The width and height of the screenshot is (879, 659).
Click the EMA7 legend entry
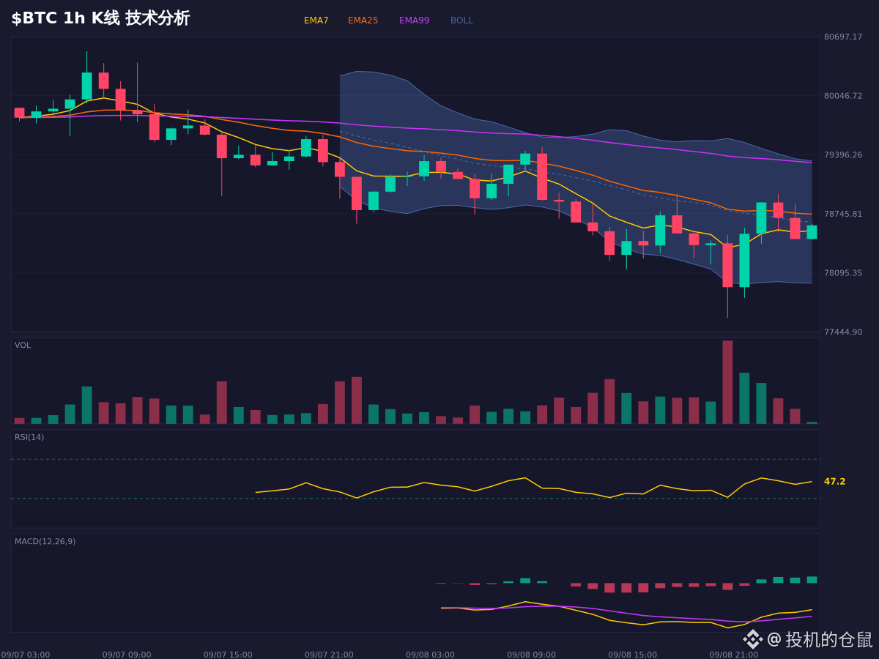[x=316, y=21]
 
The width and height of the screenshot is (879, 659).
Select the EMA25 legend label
[x=363, y=21]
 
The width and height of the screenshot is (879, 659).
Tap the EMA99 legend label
[x=414, y=21]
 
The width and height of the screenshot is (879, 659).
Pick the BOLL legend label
[x=461, y=21]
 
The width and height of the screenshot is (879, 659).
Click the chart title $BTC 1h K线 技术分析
[x=100, y=18]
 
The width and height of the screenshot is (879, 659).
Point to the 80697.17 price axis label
[x=843, y=37]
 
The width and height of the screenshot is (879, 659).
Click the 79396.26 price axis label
[x=843, y=154]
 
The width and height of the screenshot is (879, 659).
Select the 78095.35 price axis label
[x=843, y=273]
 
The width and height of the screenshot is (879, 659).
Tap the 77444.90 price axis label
[x=843, y=332]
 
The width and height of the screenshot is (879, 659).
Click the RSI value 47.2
[x=834, y=481]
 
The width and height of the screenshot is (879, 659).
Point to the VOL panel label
[x=23, y=346]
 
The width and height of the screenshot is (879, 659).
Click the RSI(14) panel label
[x=29, y=437]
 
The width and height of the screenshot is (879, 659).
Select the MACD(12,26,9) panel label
[x=45, y=541]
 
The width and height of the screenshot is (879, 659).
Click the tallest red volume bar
[x=727, y=382]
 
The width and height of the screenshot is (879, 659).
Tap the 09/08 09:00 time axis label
[x=531, y=655]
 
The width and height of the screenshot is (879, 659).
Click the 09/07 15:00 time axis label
[x=228, y=655]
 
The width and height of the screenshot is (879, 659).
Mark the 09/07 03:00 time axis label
[x=26, y=655]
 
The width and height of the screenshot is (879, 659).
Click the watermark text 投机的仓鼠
[x=828, y=639]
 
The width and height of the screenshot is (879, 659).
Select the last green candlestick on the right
[x=812, y=232]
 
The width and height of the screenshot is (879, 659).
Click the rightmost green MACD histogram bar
[x=812, y=580]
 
